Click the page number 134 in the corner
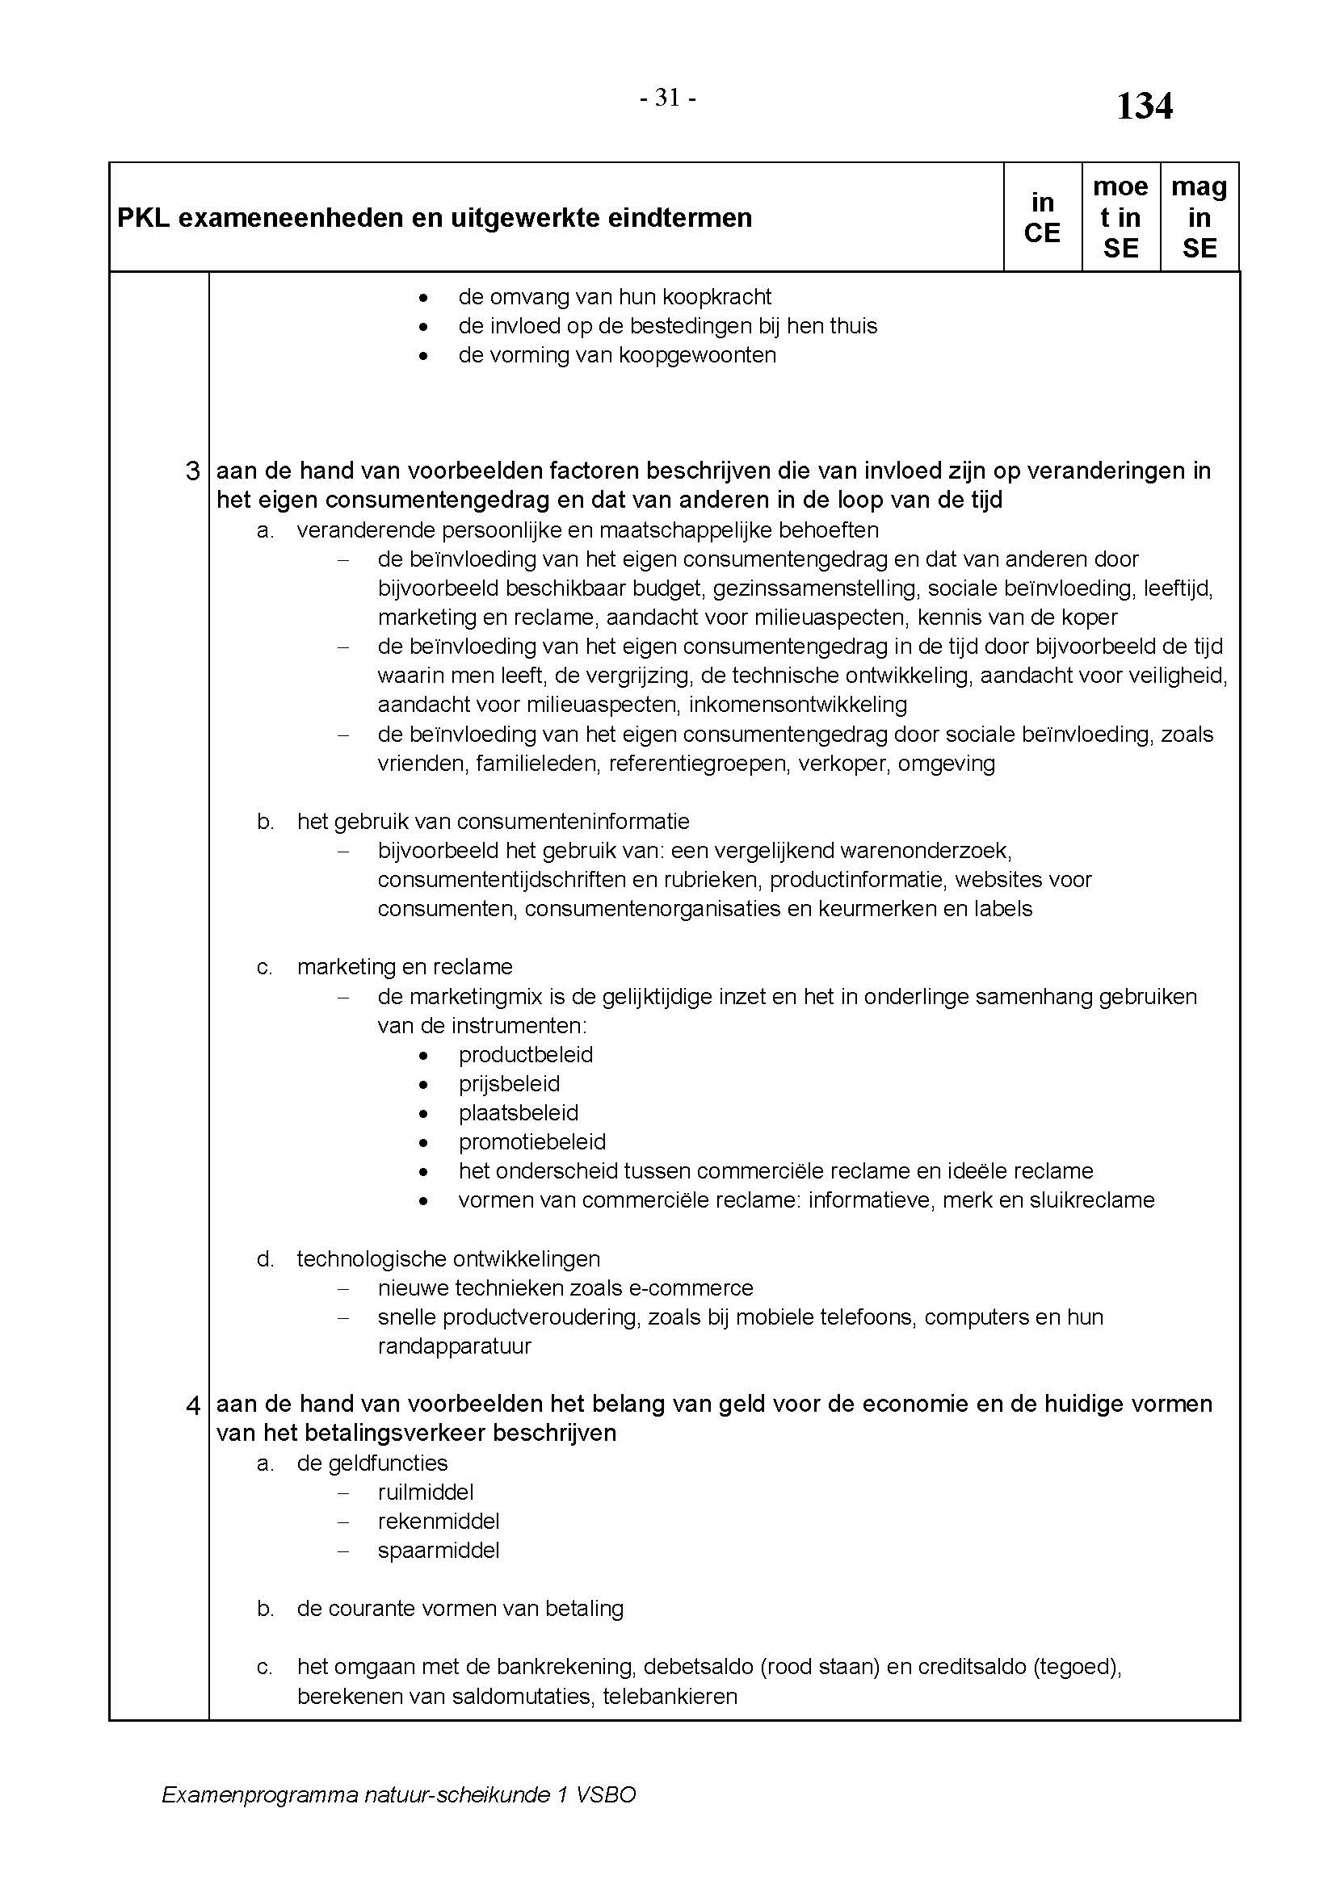click(1144, 107)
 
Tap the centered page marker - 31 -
click(668, 98)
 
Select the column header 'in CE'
click(1041, 218)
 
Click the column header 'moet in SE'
click(1120, 218)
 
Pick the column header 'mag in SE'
click(1199, 218)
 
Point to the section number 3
click(192, 471)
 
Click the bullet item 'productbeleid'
click(526, 1055)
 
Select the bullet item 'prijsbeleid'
click(509, 1084)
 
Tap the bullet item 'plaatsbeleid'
click(519, 1112)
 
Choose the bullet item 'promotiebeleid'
click(532, 1141)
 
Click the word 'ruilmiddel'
click(426, 1492)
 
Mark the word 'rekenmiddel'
click(439, 1522)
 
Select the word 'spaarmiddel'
click(439, 1550)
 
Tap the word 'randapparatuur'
click(454, 1346)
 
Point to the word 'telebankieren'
click(670, 1696)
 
